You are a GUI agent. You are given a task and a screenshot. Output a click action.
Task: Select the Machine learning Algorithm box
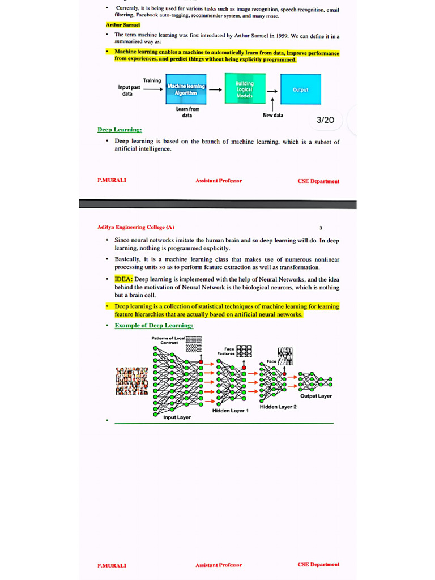pyautogui.click(x=186, y=89)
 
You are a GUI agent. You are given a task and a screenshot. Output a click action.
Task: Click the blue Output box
pyautogui.click(x=300, y=89)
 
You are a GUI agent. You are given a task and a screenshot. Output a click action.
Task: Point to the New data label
pyautogui.click(x=273, y=115)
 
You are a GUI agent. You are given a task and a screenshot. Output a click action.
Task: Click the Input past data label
pyautogui.click(x=129, y=91)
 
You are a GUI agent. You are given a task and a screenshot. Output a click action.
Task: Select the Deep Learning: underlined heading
pyautogui.click(x=120, y=130)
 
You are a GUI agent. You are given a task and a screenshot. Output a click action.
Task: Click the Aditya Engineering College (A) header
pyautogui.click(x=136, y=228)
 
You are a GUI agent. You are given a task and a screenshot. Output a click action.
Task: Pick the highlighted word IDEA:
pyautogui.click(x=123, y=279)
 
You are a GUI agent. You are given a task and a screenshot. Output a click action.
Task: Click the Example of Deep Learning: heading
pyautogui.click(x=153, y=326)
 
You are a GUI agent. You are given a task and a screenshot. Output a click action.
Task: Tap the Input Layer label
pyautogui.click(x=177, y=417)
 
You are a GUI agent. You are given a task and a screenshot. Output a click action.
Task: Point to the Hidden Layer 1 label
pyautogui.click(x=231, y=411)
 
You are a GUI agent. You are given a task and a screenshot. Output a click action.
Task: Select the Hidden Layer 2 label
pyautogui.click(x=278, y=407)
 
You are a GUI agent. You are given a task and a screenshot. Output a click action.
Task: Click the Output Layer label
pyautogui.click(x=316, y=396)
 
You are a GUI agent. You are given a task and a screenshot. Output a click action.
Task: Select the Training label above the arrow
pyautogui.click(x=152, y=80)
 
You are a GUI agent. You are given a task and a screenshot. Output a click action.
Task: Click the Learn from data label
pyautogui.click(x=187, y=112)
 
